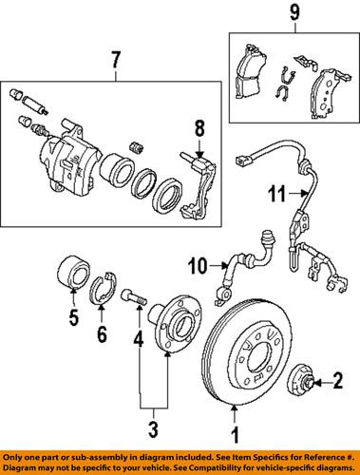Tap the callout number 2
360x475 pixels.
(336, 382)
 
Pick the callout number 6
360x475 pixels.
(102, 334)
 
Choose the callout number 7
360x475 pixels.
(115, 63)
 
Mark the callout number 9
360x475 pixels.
(294, 14)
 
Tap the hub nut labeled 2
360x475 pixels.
(303, 380)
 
